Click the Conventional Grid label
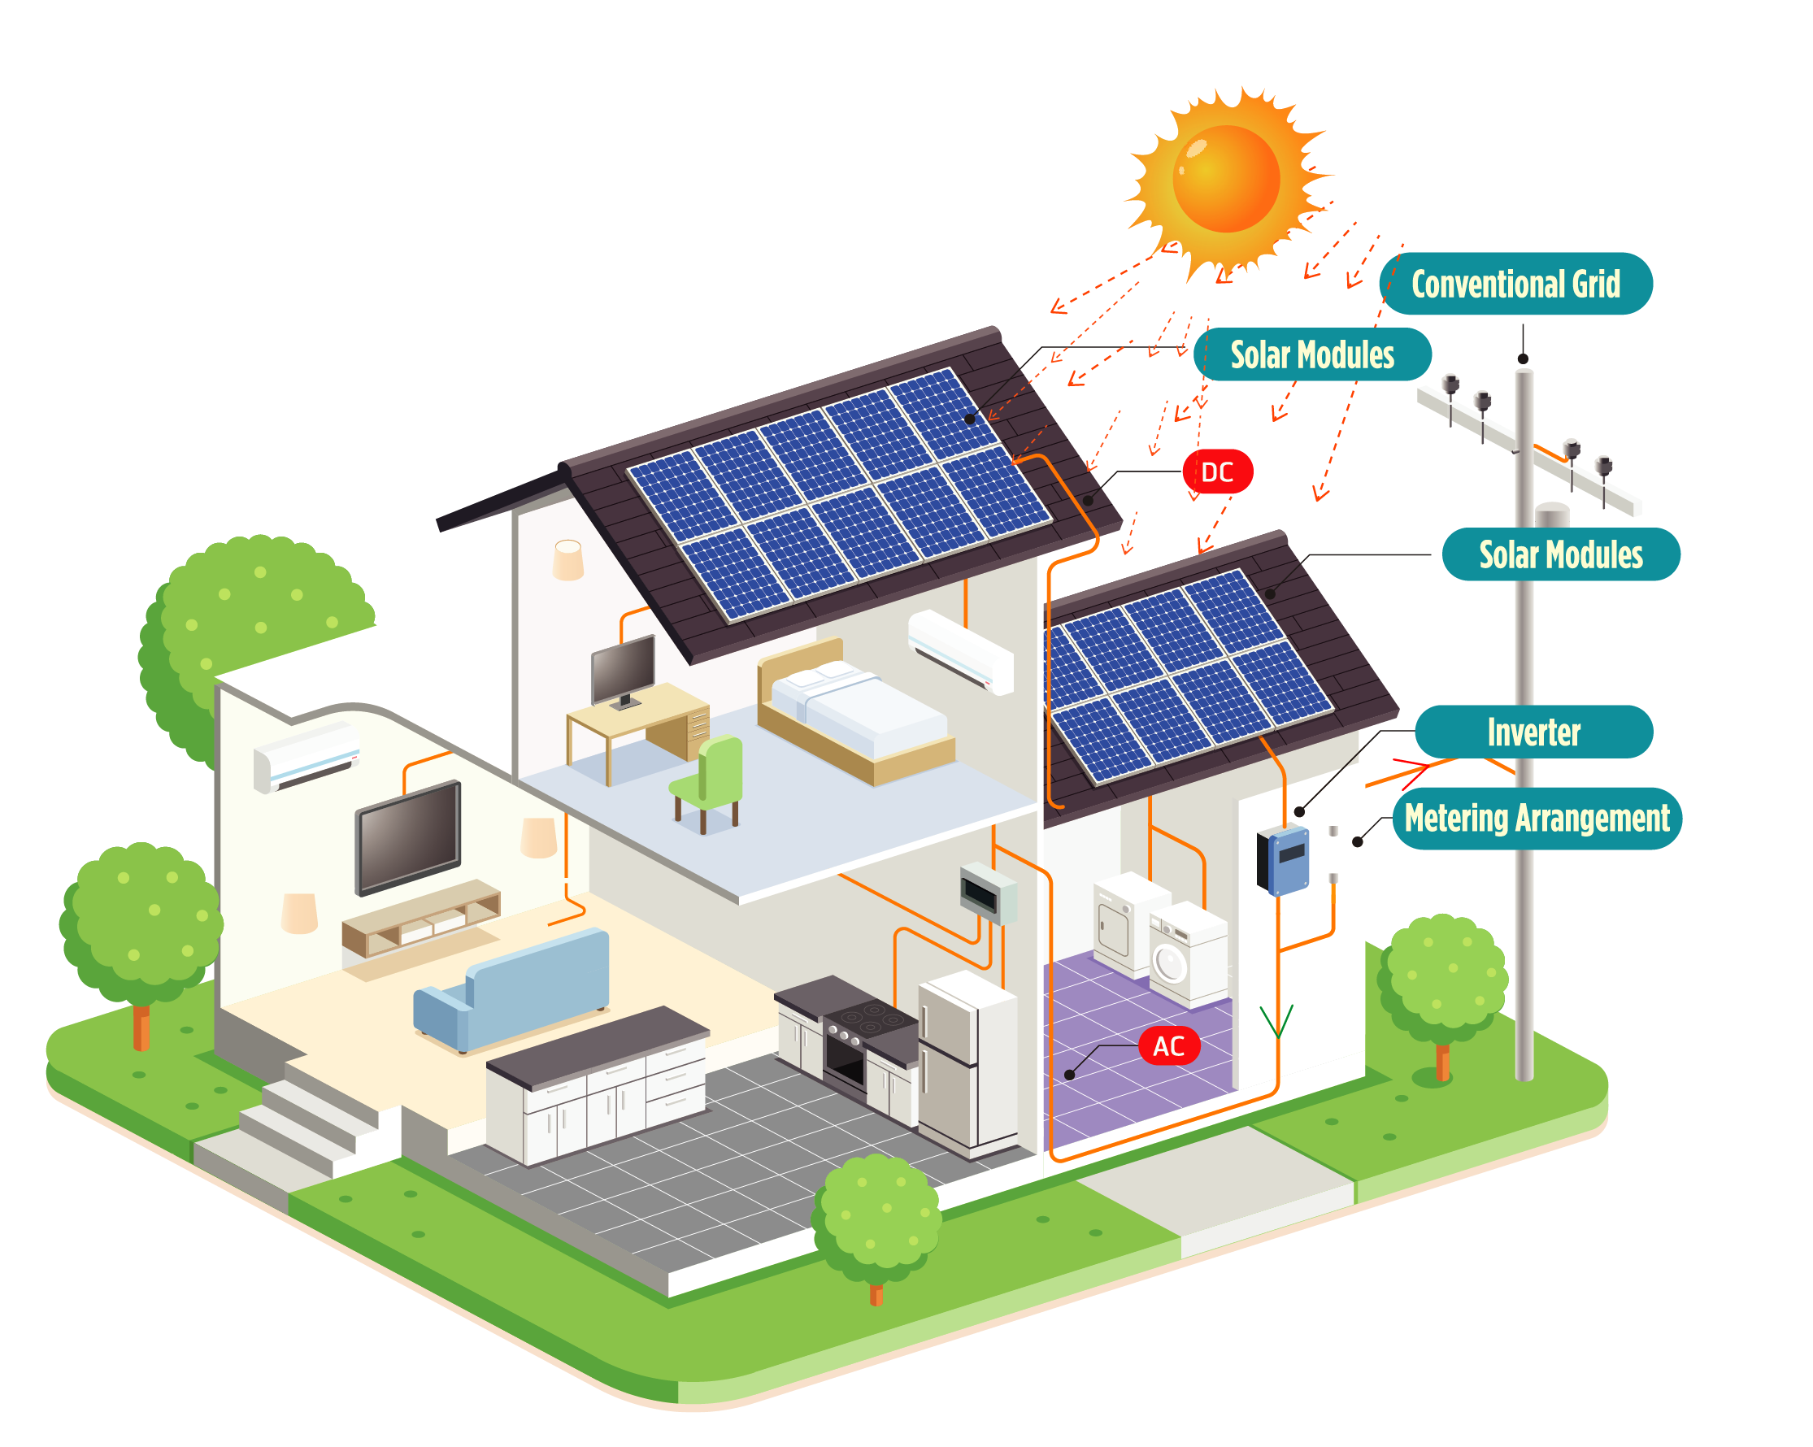click(1515, 285)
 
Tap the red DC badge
click(1217, 471)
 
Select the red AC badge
click(1168, 1046)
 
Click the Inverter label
click(1533, 732)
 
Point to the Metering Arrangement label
click(1537, 818)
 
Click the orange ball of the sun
click(1226, 178)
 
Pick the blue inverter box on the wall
click(1283, 860)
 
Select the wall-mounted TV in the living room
click(409, 836)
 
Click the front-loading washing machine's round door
click(1169, 963)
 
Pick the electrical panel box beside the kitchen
click(987, 892)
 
